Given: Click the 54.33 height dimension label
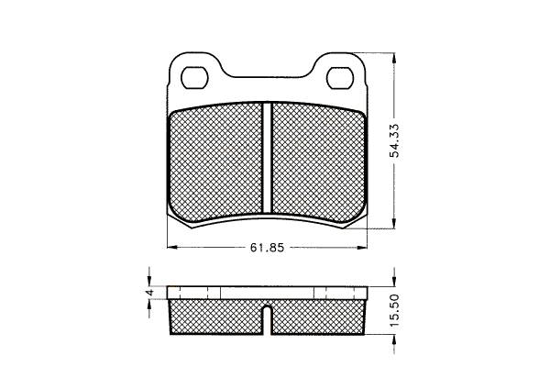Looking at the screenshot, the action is coord(395,140).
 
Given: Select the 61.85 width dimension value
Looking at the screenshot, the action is coord(267,248).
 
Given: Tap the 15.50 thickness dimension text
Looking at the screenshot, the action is coord(395,310).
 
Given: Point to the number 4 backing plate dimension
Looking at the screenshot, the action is coord(149,292).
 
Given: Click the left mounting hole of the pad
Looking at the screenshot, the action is coord(194,77).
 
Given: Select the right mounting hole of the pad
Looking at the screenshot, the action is coord(340,77).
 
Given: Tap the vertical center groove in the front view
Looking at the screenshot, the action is coord(268,158).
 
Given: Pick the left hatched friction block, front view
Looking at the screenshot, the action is coord(215,162).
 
